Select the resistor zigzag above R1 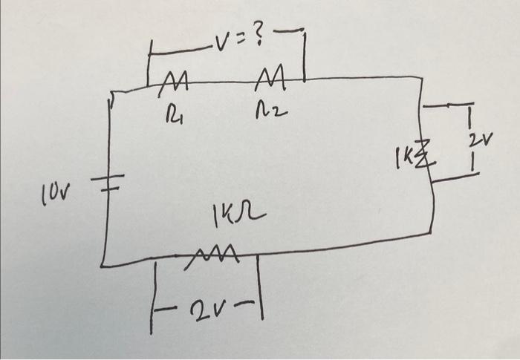(x=176, y=79)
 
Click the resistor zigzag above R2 (x=265, y=76)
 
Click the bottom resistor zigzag (x=216, y=256)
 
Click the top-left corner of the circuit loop (x=111, y=94)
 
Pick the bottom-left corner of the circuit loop (x=103, y=264)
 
